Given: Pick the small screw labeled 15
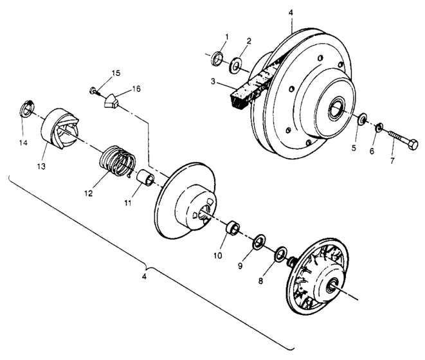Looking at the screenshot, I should [94, 91].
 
